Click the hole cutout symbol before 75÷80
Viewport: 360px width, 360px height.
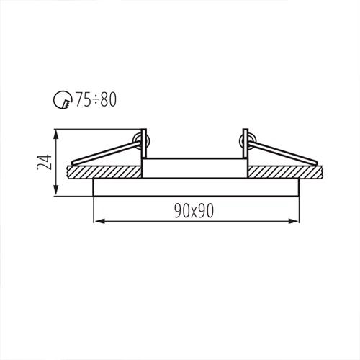click(x=63, y=100)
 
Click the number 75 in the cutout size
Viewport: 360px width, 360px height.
click(x=82, y=99)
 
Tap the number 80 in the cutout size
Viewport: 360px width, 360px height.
click(x=107, y=99)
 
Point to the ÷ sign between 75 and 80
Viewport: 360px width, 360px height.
click(x=94, y=100)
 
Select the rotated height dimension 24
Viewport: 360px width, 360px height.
click(x=44, y=162)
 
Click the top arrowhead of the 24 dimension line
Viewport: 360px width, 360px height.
click(x=58, y=134)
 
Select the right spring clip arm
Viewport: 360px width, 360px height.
click(x=284, y=153)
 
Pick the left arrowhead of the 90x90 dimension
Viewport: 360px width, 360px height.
click(x=98, y=220)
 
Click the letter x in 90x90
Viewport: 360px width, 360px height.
click(x=195, y=210)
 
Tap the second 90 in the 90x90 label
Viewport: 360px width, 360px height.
click(x=208, y=210)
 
